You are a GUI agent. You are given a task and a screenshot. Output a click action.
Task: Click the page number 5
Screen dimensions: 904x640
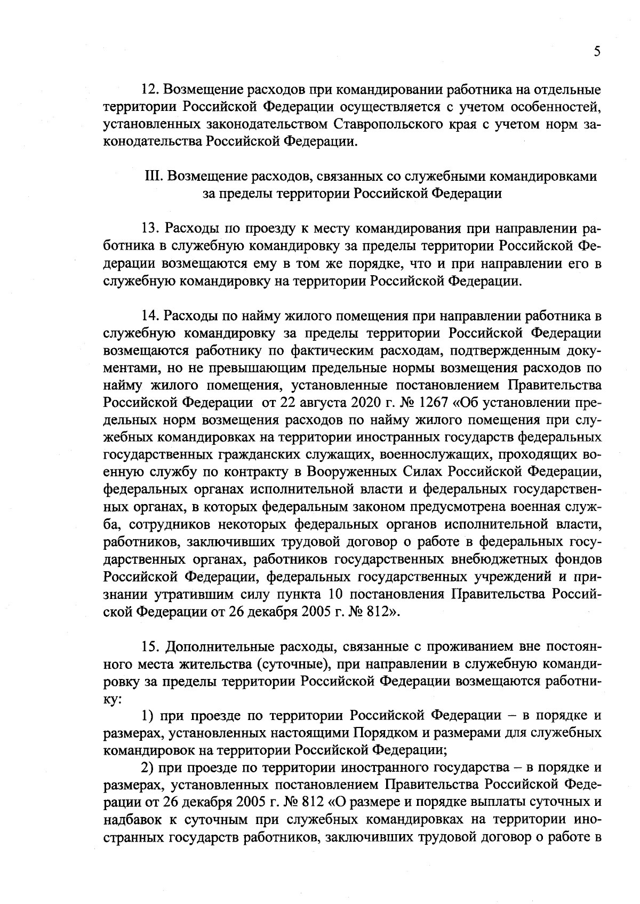596,51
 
